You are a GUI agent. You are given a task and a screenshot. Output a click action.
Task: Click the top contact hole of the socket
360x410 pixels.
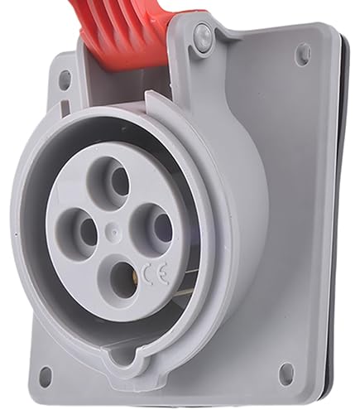120,181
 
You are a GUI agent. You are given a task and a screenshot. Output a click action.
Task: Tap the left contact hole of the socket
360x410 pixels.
89,232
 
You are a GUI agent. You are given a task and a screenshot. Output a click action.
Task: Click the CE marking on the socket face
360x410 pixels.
155,273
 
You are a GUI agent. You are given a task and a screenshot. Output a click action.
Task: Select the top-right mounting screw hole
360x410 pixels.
303,55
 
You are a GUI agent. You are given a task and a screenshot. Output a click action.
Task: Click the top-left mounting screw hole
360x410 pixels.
65,80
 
